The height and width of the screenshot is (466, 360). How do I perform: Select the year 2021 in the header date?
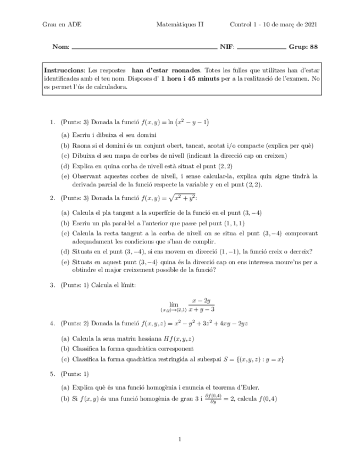click(x=309, y=25)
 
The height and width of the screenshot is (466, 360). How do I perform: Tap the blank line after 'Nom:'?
click(x=144, y=48)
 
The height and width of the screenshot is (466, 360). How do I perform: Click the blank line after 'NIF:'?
click(x=261, y=48)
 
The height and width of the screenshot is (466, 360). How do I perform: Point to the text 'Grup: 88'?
click(x=303, y=47)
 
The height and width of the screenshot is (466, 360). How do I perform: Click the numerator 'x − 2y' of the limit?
click(x=201, y=301)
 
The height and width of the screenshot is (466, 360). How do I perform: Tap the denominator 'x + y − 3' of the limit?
click(x=201, y=310)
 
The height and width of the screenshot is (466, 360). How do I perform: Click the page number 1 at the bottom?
click(x=180, y=439)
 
